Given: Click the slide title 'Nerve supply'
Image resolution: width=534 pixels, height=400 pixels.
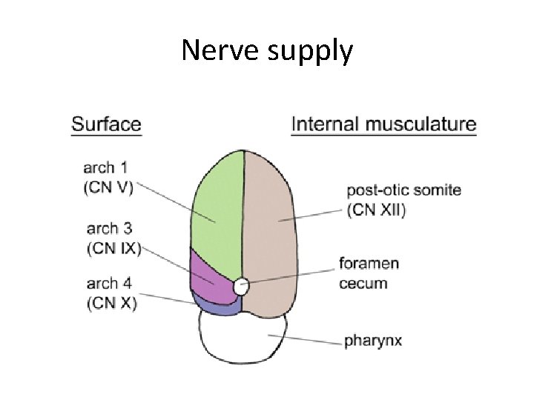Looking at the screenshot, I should click(x=267, y=51).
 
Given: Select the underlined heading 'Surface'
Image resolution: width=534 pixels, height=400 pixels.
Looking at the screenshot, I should click(x=106, y=124).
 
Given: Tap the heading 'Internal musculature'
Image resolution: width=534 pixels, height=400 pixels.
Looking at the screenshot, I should click(x=383, y=124).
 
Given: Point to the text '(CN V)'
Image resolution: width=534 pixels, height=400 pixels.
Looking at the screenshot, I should click(x=109, y=187).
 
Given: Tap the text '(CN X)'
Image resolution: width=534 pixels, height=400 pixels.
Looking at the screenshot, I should click(x=111, y=302).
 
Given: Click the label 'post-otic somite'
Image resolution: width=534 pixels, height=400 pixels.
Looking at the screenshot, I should click(x=403, y=190).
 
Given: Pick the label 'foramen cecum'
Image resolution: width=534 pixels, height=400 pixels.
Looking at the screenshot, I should click(x=369, y=273).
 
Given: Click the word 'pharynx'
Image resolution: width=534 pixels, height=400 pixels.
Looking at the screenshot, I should click(x=372, y=342).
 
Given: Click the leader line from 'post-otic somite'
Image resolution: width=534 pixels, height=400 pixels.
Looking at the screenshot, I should click(x=311, y=216).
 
